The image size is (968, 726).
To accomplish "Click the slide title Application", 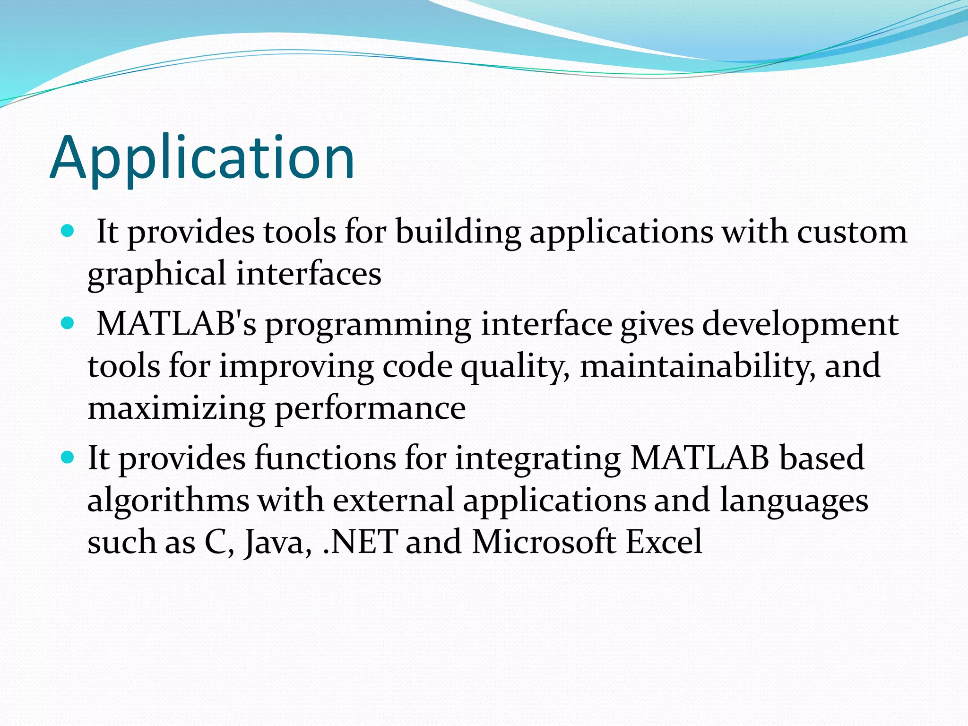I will pos(202,158).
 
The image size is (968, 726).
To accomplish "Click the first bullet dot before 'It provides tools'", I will pos(68,231).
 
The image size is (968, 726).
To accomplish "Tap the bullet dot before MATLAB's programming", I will pos(68,323).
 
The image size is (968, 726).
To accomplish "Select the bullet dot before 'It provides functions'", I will pos(68,458).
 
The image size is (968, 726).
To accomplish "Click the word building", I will pos(458,233).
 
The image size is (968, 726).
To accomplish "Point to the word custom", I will pos(852,233).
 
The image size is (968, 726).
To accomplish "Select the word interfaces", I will pos(309,274).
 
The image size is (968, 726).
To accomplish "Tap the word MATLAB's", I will pos(176,324).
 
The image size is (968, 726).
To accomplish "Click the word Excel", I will pos(664,542).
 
